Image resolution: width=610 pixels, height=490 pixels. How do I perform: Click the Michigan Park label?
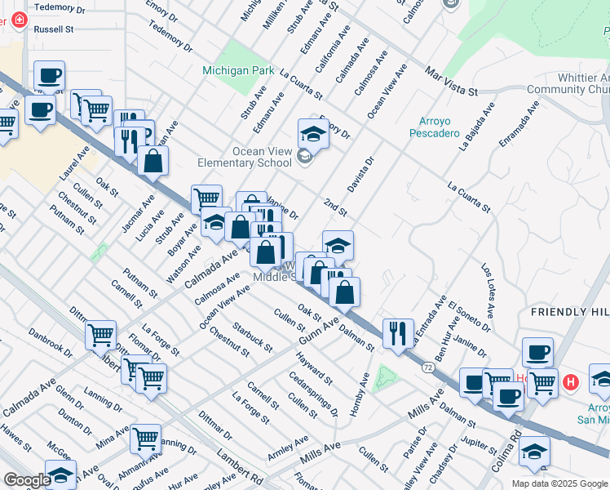(x=238, y=70)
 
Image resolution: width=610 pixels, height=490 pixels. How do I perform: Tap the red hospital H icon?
(x=572, y=381)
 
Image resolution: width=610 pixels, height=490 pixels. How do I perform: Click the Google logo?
(x=27, y=480)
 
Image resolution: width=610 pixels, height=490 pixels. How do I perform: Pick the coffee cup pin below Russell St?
(x=49, y=77)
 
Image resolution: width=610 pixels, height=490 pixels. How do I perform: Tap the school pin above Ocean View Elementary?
(x=313, y=132)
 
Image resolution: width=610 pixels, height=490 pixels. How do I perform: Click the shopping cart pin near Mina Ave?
(x=145, y=439)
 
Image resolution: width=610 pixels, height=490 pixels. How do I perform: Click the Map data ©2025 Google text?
(x=559, y=483)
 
